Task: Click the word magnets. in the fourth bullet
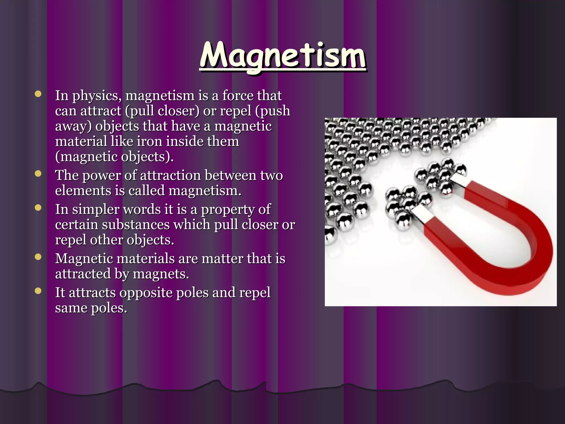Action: tap(161, 274)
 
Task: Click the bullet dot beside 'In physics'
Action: tap(38, 94)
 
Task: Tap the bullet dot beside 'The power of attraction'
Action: tap(38, 174)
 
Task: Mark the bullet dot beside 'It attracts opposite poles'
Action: tap(38, 291)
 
